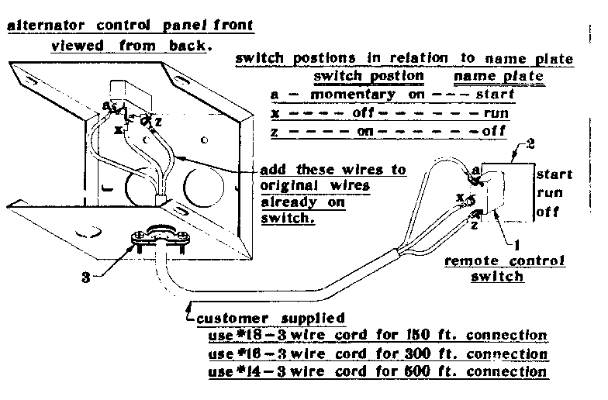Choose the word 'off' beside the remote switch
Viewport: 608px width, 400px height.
pos(548,211)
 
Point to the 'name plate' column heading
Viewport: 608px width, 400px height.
pos(498,77)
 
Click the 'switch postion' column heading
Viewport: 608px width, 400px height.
pos(368,77)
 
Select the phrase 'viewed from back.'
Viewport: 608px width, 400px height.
pos(130,46)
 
